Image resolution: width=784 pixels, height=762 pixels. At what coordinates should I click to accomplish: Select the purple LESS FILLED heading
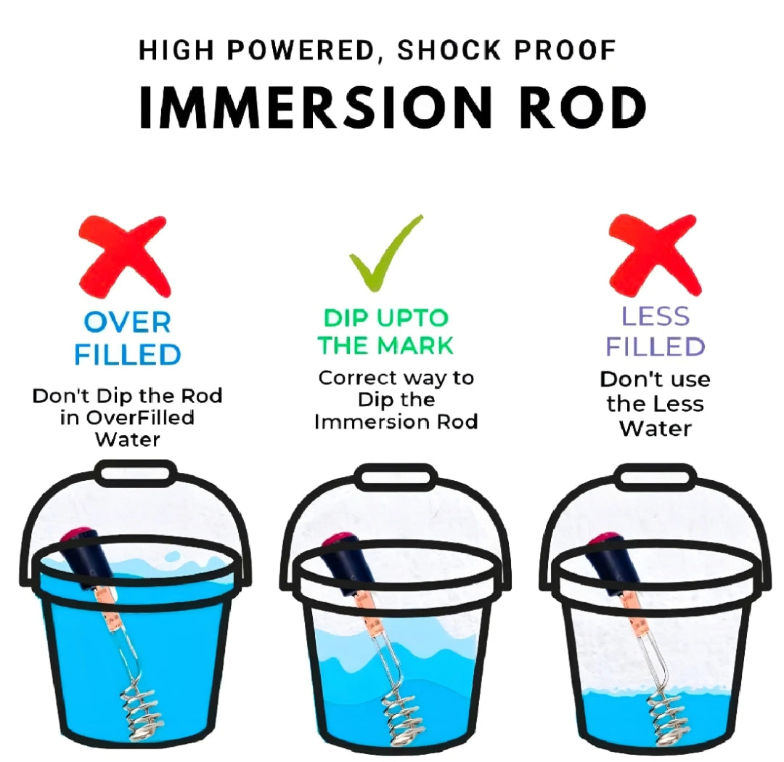coord(655,331)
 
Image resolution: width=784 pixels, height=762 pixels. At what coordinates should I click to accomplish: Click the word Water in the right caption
coord(655,429)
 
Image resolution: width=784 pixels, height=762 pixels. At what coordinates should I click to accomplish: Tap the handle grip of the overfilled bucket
coord(135,473)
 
